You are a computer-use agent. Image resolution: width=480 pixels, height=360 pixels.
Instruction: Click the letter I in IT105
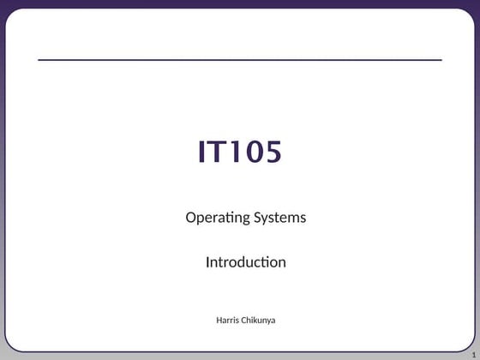coord(203,152)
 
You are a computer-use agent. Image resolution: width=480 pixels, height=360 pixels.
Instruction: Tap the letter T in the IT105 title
coord(218,152)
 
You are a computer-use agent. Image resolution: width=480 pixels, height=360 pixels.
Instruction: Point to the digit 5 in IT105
coord(272,152)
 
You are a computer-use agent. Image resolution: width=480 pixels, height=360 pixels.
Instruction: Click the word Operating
coord(217,218)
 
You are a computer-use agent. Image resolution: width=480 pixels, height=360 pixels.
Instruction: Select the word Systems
coord(279,218)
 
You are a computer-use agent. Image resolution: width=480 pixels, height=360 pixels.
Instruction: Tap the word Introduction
coord(245,262)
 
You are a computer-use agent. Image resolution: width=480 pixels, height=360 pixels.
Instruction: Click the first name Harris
coord(229,321)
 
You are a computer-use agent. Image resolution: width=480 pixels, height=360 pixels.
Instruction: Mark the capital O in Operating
coord(191,217)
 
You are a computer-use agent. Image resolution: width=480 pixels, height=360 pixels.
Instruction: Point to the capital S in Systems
coord(256,217)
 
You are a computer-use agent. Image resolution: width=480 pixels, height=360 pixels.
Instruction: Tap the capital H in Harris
coord(219,321)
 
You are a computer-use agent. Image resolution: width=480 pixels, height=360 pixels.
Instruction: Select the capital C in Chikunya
coord(246,321)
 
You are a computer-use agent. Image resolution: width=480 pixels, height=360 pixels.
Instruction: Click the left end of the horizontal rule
coord(39,60)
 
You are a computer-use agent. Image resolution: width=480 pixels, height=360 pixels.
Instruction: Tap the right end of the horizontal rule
coord(441,60)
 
